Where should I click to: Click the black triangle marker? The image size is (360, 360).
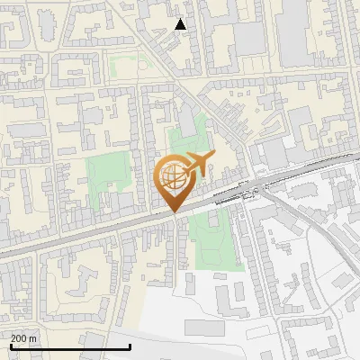181,24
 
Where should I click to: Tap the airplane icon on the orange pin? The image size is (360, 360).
197,165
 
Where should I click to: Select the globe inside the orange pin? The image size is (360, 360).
172,175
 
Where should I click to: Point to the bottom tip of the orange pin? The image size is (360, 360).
174,212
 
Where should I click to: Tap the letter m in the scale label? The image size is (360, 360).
34,338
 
